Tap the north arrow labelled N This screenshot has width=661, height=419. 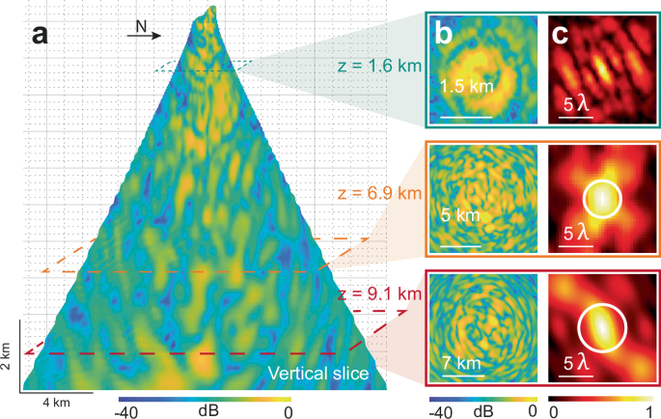(x=145, y=31)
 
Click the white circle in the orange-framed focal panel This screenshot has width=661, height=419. (x=601, y=198)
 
